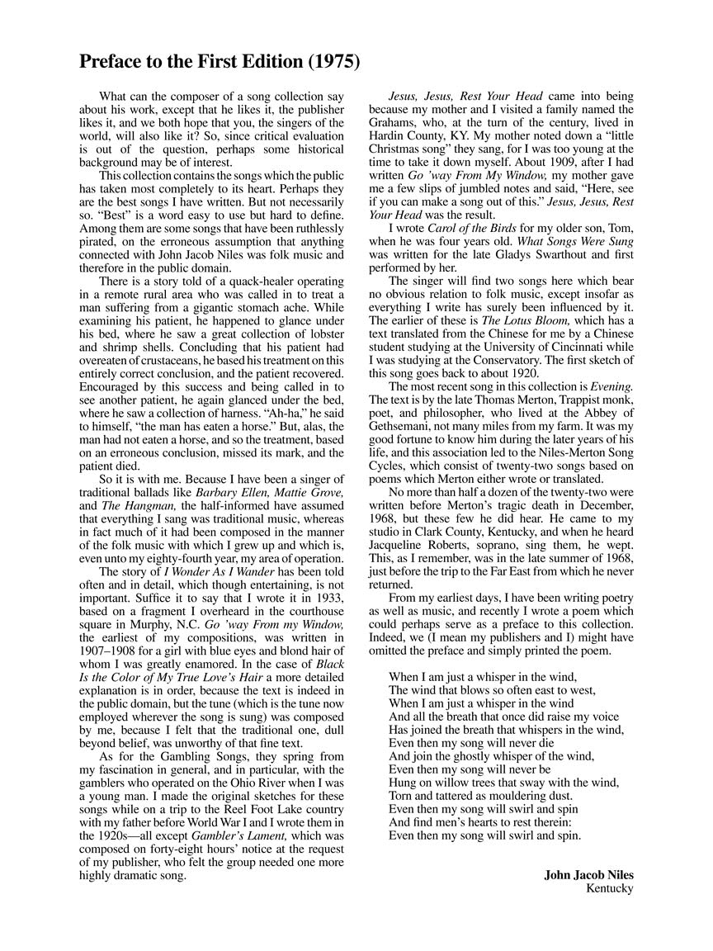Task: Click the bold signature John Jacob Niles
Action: point(588,875)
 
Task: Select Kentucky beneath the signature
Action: point(610,888)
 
